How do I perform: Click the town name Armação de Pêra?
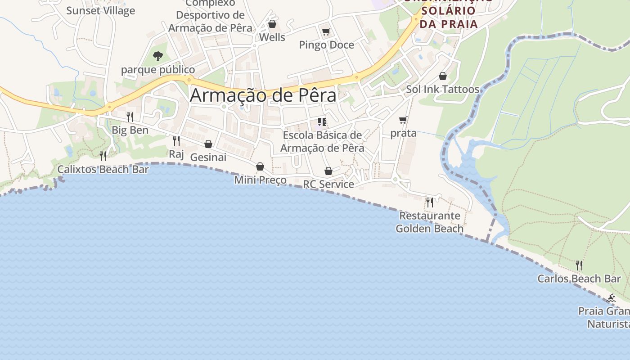tap(263, 95)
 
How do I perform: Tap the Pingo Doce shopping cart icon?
tap(326, 32)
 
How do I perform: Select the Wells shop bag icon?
tap(272, 24)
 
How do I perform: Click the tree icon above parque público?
tap(157, 56)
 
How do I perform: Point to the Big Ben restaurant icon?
tap(130, 117)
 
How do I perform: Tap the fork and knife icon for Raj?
tap(176, 141)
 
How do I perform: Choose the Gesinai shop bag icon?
tap(208, 144)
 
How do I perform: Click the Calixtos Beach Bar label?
tap(103, 170)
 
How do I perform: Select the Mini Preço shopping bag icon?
tap(260, 166)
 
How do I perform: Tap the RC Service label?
tap(328, 184)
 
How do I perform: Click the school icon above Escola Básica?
tap(322, 122)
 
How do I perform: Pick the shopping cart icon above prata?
tap(403, 120)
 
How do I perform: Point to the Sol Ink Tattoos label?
tap(442, 89)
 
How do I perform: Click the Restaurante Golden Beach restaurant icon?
tap(430, 202)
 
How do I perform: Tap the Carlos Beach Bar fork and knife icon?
tap(579, 265)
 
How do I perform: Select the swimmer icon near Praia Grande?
tap(611, 298)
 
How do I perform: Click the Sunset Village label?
tap(100, 11)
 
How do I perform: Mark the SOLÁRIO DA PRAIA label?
tap(448, 17)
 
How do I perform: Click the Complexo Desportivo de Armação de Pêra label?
tap(210, 15)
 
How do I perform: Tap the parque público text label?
tap(158, 70)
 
